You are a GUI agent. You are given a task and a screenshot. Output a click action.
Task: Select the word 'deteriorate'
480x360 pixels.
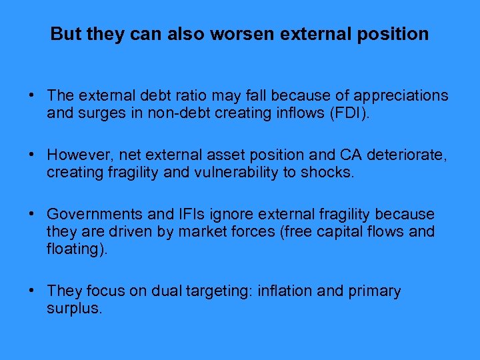(x=407, y=155)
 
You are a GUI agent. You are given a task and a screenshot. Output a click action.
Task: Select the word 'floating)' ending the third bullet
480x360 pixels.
(x=73, y=249)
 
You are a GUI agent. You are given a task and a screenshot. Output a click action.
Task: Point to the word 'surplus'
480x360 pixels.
(x=73, y=309)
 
